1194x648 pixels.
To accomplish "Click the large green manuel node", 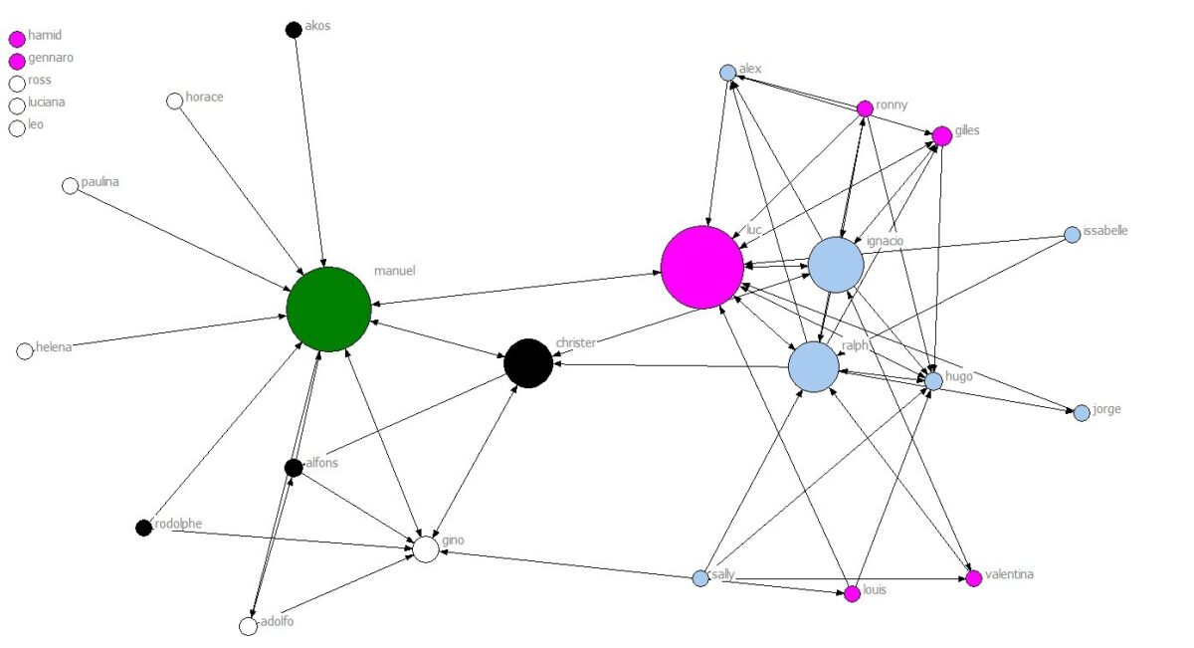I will pos(328,309).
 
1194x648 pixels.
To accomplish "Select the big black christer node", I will pos(528,363).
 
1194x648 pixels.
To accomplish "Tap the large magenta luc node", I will pos(702,267).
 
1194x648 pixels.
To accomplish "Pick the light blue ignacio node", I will pos(835,265).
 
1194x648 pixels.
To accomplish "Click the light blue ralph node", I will pos(814,366).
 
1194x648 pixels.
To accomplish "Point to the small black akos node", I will pos(294,30).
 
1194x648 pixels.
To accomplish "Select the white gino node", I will pos(426,549).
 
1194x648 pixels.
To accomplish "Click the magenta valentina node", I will pos(974,578).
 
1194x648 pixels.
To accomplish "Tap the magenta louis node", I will pos(852,594).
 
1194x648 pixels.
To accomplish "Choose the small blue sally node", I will pos(700,577).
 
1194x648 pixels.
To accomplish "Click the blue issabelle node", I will pos(1073,235).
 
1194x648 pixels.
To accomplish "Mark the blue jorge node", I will pos(1082,413).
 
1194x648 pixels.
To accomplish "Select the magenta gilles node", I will pos(941,136).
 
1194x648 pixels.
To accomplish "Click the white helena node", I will pos(26,350).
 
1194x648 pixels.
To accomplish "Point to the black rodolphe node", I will pos(143,527).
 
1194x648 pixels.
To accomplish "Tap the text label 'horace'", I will pos(204,98).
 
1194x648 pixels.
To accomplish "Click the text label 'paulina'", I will pos(100,182).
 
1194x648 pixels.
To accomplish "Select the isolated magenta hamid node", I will pos(17,40).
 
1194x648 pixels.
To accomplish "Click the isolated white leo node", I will pos(17,128).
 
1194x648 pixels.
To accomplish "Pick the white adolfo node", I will pos(249,626).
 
